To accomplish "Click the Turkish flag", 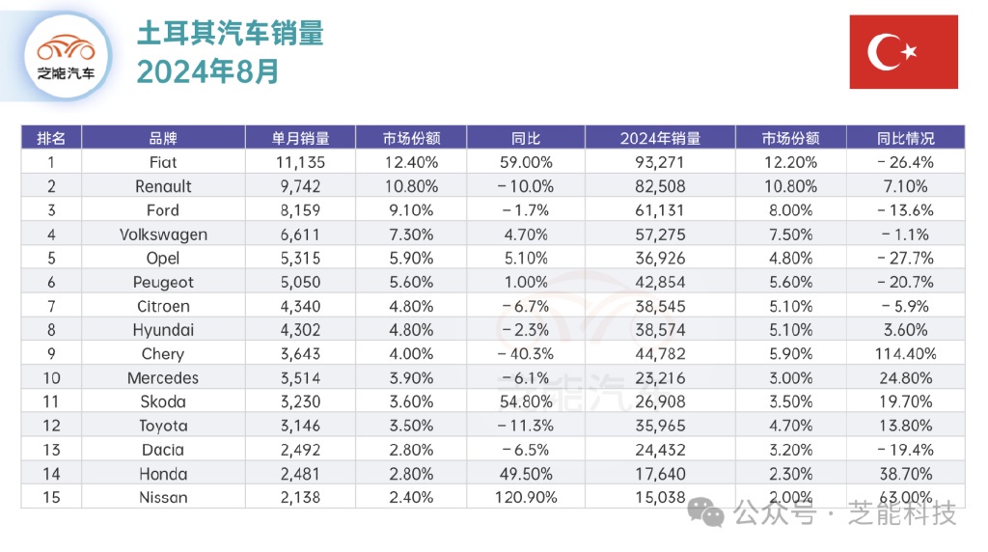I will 903,52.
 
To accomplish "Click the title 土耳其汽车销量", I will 230,34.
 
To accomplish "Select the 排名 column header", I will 51,138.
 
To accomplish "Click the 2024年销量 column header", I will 660,138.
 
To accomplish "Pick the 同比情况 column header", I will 905,138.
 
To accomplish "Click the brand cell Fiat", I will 163,162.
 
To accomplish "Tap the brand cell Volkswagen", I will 163,235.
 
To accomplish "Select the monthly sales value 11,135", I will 301,162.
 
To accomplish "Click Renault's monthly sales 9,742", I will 301,186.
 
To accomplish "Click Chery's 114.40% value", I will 905,354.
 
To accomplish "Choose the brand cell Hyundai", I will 163,330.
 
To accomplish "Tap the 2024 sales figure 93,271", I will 660,162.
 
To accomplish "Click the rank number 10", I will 51,378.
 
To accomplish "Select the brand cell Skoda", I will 163,402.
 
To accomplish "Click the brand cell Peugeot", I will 163,282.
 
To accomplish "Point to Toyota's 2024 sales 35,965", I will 660,426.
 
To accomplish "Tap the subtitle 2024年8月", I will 207,71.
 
